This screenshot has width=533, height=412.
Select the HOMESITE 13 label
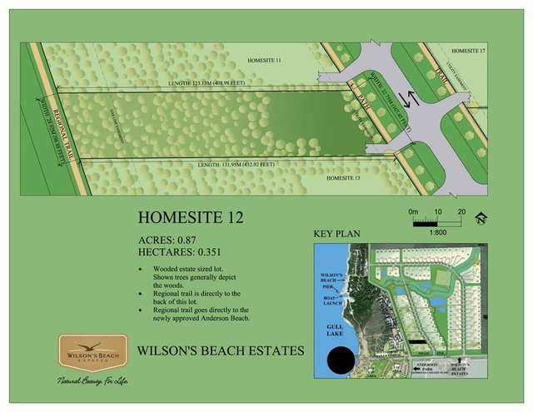[x=343, y=178]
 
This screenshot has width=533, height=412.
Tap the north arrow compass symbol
[x=480, y=220]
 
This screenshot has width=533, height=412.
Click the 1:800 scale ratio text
[x=438, y=234]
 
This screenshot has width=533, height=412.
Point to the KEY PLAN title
[x=336, y=234]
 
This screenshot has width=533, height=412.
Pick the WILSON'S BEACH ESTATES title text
[x=221, y=350]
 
